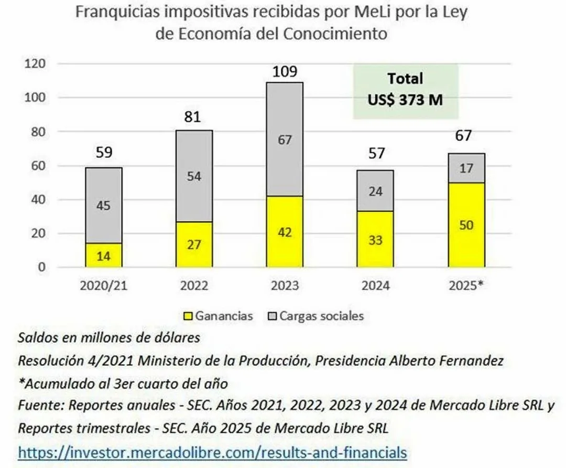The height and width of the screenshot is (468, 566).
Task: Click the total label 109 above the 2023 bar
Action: coord(285,72)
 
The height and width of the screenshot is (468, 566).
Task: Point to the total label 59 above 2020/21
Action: coord(103,153)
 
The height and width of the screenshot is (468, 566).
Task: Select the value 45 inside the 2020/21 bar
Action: coord(103,206)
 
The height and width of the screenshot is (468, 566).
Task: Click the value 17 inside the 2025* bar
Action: coord(466,169)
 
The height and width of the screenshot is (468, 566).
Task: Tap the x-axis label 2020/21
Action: coord(103,286)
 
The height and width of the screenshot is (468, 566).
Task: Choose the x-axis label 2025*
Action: coord(466,286)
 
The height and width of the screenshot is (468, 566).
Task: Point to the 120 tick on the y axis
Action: coord(36,64)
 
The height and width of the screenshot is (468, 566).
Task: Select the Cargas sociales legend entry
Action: coord(321,316)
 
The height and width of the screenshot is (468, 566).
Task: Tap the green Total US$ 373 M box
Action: coord(405,90)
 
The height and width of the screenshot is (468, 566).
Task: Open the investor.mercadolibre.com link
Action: coord(212,452)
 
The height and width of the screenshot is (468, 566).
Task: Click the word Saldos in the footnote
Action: coord(36,338)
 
